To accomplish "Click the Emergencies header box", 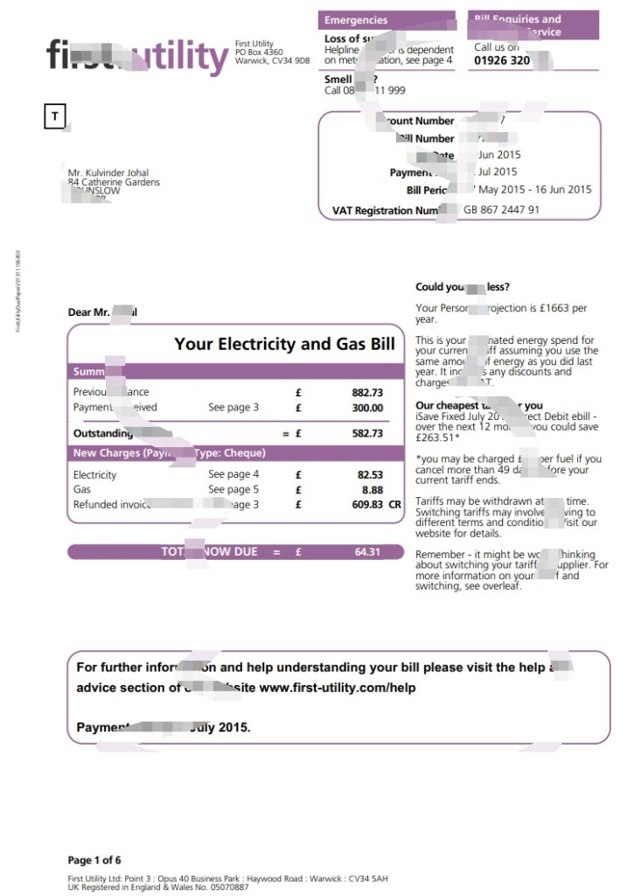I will point(386,20).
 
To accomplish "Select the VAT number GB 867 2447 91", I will point(501,210).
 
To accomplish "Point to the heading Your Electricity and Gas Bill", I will point(284,344).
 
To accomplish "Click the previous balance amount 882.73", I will point(367,393).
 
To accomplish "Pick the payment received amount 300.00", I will point(367,408).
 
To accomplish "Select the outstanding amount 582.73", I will point(367,433).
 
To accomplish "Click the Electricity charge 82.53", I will point(370,475).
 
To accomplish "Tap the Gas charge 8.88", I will point(373,490).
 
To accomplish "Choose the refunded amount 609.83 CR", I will point(376,505).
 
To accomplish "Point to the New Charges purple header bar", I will point(236,453).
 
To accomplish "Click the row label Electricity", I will point(94,475).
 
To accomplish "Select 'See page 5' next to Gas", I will point(233,490).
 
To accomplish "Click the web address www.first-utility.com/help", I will point(338,688).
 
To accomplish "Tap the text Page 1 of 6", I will point(94,860).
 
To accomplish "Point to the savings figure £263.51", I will point(437,439).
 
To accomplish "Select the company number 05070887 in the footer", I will point(226,887).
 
